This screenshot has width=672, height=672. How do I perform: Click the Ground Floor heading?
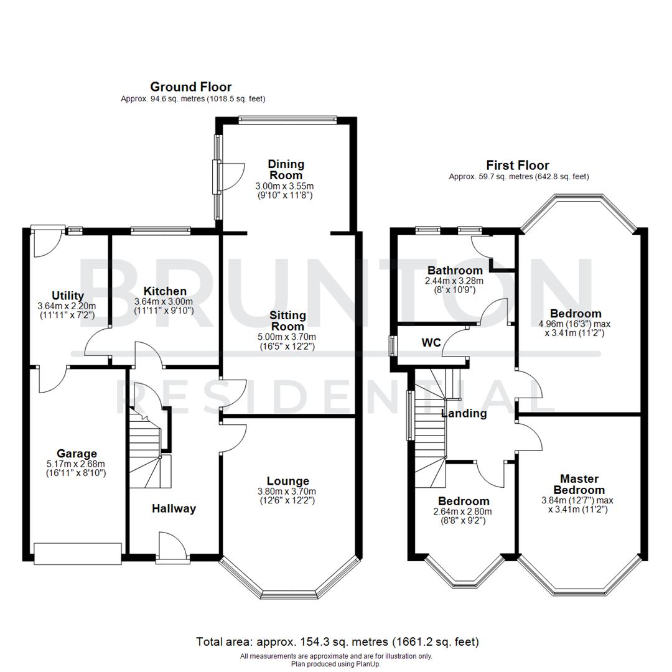pos(191,86)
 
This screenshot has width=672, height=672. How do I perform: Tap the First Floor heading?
pos(518,165)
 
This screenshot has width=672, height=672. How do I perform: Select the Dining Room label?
pos(286,169)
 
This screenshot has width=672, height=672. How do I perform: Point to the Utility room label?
pos(68,295)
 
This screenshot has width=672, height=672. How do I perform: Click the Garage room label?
pos(77,454)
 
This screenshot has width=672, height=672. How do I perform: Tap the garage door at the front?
pos(77,553)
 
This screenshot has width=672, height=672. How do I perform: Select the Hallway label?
pos(174,508)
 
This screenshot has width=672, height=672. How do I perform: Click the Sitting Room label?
pos(288,320)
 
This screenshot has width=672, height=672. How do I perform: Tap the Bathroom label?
pos(455,270)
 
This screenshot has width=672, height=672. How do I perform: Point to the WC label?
pos(432,343)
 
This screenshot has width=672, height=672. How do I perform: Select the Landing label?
pos(464,413)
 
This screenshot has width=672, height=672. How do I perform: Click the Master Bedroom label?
pos(579,484)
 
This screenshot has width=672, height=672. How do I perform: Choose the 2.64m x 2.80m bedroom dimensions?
pos(464,512)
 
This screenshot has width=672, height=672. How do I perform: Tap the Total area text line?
pos(337,642)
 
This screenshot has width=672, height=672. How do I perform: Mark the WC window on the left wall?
pos(393,345)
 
